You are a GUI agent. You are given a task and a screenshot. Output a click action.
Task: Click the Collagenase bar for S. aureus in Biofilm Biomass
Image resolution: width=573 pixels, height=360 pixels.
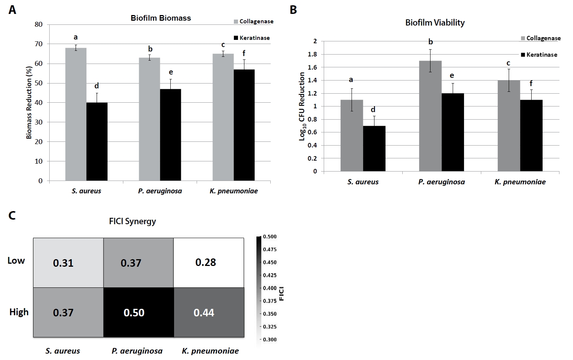pos(76,114)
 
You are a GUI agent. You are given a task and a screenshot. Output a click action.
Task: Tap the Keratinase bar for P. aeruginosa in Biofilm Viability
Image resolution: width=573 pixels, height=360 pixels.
pos(453,132)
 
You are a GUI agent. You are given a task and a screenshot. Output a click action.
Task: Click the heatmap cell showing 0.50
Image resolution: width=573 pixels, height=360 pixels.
pos(138,312)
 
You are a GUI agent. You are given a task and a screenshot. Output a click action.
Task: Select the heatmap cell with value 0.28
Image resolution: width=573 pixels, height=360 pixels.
pos(209,263)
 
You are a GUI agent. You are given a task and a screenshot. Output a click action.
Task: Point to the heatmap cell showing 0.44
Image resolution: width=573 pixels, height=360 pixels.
pos(209,312)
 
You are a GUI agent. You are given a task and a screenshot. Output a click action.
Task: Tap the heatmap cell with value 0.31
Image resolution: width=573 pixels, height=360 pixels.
pos(68,263)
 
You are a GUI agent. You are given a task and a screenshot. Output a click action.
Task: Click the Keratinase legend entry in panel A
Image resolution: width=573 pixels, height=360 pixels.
pos(252,38)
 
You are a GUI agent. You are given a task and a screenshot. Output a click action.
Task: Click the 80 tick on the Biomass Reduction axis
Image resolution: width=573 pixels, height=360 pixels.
pos(39,24)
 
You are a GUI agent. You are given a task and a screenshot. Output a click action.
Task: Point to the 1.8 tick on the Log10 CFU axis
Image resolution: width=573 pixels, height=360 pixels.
pos(312,54)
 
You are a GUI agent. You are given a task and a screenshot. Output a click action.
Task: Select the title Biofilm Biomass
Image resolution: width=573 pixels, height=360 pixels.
pos(161,18)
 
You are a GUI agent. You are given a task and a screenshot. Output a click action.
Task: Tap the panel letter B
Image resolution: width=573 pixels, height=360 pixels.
pos(293,10)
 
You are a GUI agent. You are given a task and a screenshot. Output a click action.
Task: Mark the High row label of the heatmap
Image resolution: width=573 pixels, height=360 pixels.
pos(19,312)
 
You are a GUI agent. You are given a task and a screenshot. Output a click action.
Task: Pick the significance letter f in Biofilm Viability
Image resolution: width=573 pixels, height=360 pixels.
pos(531,84)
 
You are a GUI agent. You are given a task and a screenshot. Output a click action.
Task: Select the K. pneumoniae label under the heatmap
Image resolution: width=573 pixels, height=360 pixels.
pos(210,351)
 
